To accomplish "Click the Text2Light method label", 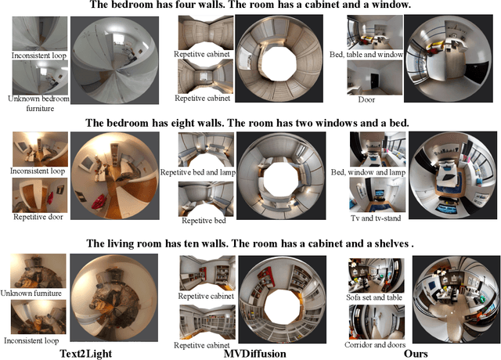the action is coord(86,354).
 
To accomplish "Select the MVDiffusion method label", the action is coord(254,354).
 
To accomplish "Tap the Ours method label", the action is coord(416,354).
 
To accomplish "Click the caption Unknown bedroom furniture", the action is coord(39,103).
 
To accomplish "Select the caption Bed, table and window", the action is coord(366,55).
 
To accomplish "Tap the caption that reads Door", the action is coord(366,99).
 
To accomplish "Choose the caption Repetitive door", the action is coord(38,217).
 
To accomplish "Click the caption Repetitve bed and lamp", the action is coord(198,172).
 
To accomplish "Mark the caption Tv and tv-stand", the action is coord(376,218).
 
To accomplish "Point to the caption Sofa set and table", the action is coord(374,297).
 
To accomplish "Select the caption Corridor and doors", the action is coord(375,344).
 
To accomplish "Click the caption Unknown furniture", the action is coord(31,293).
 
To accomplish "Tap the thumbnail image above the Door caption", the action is coord(375,77).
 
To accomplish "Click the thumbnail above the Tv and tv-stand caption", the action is coord(377,194).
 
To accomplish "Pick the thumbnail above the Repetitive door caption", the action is coord(40,195).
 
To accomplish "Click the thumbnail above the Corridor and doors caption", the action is coord(377,322).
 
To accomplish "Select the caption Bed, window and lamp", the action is coord(368,172).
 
